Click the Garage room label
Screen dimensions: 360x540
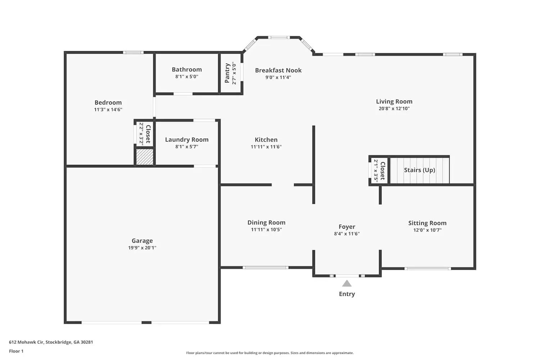coord(142,241)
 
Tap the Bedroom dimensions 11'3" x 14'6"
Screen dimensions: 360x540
coord(108,109)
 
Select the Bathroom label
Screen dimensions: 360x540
coord(186,69)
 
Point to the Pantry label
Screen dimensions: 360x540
coord(227,73)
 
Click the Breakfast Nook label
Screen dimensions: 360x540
coord(278,70)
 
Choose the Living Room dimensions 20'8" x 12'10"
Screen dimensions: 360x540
coord(394,108)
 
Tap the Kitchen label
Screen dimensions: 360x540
coord(266,140)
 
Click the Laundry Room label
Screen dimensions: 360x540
coord(186,140)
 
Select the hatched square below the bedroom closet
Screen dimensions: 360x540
coord(145,157)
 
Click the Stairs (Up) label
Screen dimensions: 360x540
coord(419,170)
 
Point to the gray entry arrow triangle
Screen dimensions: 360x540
coord(347,284)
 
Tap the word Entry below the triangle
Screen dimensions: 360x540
coord(347,294)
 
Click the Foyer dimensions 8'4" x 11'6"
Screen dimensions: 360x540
coord(347,234)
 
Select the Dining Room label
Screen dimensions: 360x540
coord(266,222)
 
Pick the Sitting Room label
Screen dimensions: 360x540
coord(427,223)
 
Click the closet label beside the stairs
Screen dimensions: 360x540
coord(382,171)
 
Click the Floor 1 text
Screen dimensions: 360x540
coord(16,351)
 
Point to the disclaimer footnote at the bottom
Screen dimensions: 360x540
coord(270,353)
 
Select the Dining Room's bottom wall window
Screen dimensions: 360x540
coord(265,267)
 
